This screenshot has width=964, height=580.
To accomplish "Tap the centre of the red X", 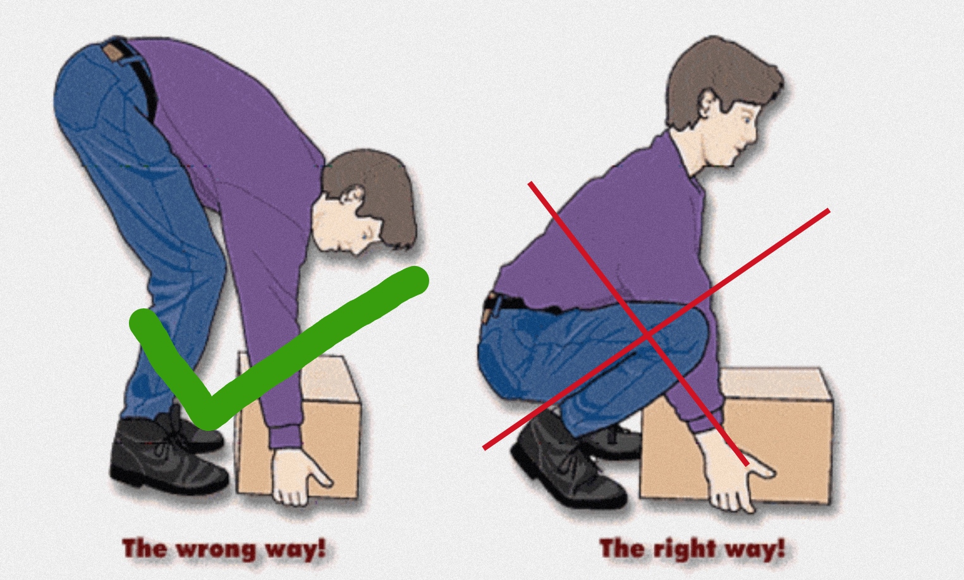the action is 647,334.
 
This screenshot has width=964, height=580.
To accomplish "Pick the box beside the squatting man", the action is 736,435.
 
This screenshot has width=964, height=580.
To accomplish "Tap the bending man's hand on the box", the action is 299,476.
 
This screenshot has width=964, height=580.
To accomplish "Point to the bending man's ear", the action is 353,196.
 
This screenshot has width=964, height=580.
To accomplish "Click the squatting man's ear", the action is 708,103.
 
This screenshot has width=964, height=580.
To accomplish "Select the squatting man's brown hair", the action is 723,75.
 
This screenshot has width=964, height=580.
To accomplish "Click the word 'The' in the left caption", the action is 144,548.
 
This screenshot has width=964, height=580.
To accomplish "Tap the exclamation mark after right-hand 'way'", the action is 780,548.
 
